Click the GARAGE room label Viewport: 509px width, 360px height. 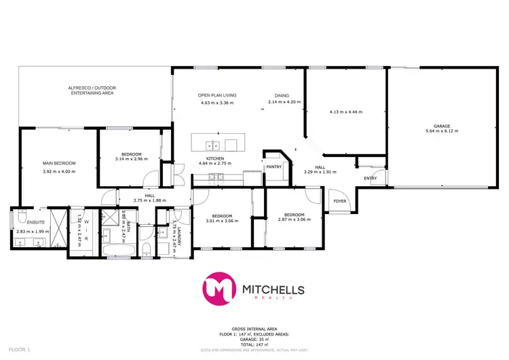[442, 126]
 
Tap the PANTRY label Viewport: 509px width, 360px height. [274, 166]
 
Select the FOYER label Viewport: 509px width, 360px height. [339, 202]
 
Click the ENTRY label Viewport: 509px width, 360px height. [370, 179]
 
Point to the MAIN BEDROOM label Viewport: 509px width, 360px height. [58, 163]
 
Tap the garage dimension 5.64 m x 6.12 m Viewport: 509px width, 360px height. [442, 133]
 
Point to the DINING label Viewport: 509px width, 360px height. [282, 95]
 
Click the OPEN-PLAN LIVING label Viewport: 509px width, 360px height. [216, 95]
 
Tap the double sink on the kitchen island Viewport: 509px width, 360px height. [212, 144]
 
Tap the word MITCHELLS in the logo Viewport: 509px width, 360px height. [274, 290]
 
